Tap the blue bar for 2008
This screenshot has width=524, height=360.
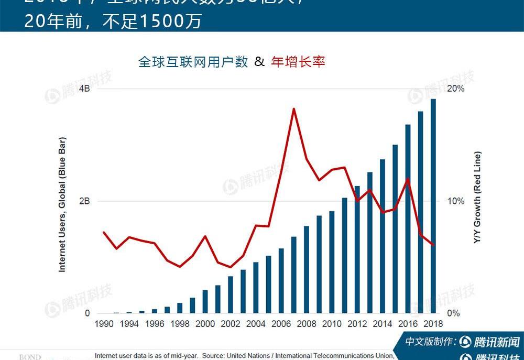(307, 269)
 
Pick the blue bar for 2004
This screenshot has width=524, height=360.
(256, 288)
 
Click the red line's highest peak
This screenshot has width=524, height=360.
(294, 109)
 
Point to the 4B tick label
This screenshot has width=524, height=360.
(84, 89)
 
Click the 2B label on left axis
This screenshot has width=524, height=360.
(84, 201)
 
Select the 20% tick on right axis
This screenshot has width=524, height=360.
(456, 89)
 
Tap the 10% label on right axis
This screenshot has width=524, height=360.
(456, 201)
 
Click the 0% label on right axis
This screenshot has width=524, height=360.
(454, 313)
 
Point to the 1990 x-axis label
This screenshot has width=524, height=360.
(104, 324)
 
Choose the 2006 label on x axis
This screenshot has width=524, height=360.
(281, 324)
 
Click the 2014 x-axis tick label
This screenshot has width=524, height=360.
(383, 324)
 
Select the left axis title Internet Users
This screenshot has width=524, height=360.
(62, 204)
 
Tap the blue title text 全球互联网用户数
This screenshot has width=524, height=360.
(193, 62)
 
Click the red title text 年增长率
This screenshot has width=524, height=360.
(298, 62)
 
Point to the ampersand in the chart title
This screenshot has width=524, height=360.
(259, 62)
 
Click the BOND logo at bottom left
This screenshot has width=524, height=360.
(30, 357)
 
